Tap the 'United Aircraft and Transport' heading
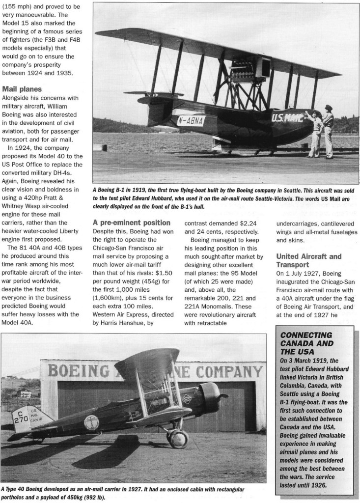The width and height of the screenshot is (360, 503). pyautogui.click(x=308, y=260)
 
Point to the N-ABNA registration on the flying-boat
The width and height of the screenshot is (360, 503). pyautogui.click(x=191, y=120)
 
